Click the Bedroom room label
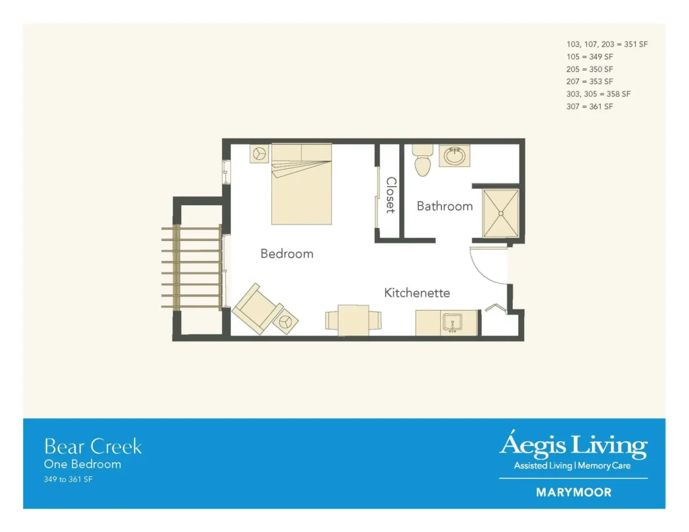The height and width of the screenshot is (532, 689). [287, 254]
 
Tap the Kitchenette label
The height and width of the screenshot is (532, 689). [417, 293]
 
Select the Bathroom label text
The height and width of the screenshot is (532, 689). [445, 206]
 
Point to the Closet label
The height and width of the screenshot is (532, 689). [391, 195]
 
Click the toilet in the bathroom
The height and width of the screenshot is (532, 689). [423, 160]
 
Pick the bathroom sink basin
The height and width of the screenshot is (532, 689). [455, 156]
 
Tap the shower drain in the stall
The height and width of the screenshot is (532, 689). [501, 214]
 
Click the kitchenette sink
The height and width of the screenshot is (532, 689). [452, 322]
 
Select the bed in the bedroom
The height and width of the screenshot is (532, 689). [301, 184]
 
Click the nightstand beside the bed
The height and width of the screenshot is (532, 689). [259, 154]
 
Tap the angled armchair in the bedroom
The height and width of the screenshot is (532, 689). [257, 309]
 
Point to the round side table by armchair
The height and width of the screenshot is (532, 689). [285, 322]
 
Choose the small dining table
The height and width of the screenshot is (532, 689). [353, 320]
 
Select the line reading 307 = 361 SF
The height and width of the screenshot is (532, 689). [589, 106]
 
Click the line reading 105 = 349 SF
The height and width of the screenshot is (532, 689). [589, 56]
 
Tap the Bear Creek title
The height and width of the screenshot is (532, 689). [93, 447]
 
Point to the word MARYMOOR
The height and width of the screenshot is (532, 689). [574, 492]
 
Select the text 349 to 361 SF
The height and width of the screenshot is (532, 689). [68, 480]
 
